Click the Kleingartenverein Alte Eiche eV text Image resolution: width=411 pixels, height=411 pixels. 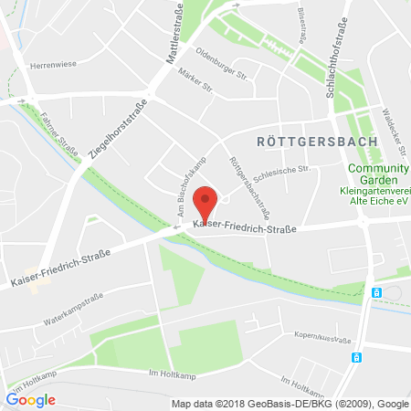[x=375, y=195]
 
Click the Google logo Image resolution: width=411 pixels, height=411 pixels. [x=30, y=399]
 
